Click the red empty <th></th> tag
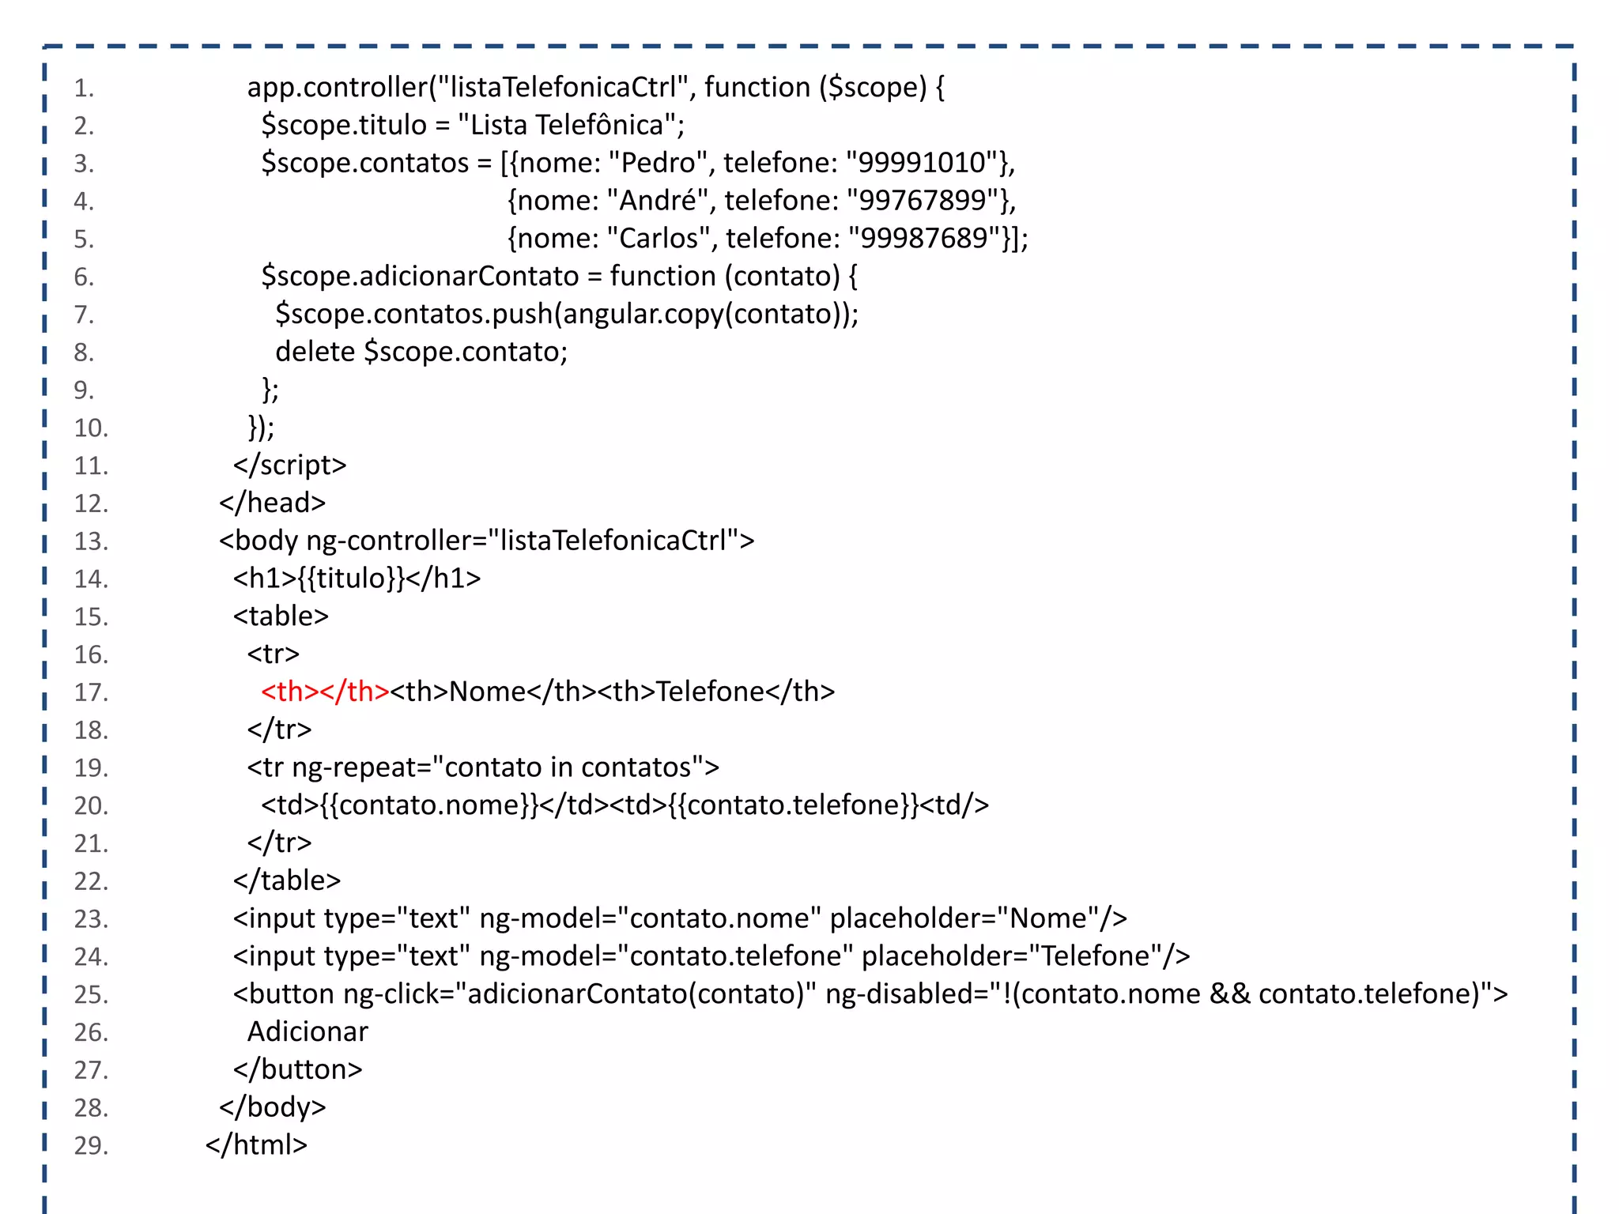pyautogui.click(x=325, y=692)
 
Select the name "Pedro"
pyautogui.click(x=658, y=163)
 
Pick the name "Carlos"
pyautogui.click(x=659, y=239)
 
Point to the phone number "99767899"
pyautogui.click(x=923, y=201)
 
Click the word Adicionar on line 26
pyautogui.click(x=308, y=1031)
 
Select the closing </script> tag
pyautogui.click(x=289, y=466)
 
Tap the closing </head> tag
pyautogui.click(x=272, y=503)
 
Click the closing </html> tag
pyautogui.click(x=256, y=1144)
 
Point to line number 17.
pyautogui.click(x=91, y=692)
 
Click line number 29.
pyautogui.click(x=91, y=1145)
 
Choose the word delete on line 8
pyautogui.click(x=315, y=352)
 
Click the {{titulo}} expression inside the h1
pyautogui.click(x=352, y=579)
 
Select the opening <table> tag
pyautogui.click(x=281, y=616)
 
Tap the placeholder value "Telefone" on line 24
pyautogui.click(x=1095, y=956)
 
